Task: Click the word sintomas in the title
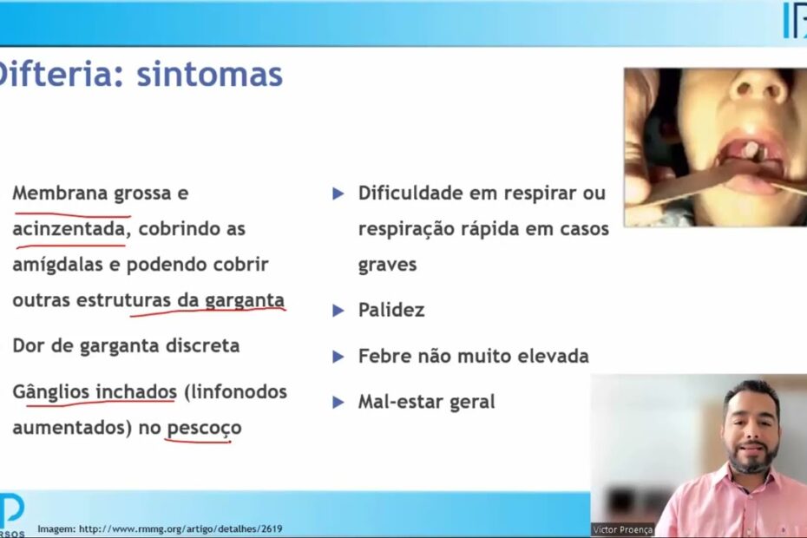pyautogui.click(x=209, y=75)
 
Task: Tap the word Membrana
pyautogui.click(x=60, y=193)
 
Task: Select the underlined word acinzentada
pyautogui.click(x=69, y=228)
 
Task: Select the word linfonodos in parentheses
pyautogui.click(x=239, y=392)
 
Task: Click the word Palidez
pyautogui.click(x=391, y=310)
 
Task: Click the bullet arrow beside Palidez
pyautogui.click(x=338, y=311)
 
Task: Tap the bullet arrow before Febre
pyautogui.click(x=338, y=357)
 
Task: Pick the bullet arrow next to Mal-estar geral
pyautogui.click(x=338, y=402)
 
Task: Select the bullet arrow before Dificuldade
pyautogui.click(x=338, y=194)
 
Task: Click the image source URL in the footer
pyautogui.click(x=180, y=528)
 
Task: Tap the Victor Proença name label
pyautogui.click(x=622, y=530)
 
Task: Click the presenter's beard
pyautogui.click(x=753, y=459)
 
